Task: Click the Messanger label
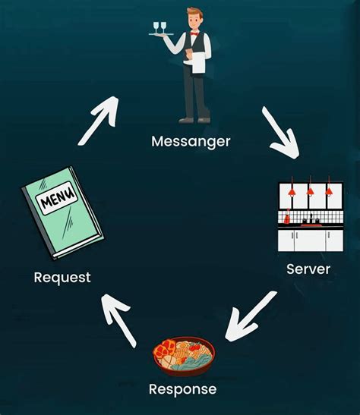tap(191, 141)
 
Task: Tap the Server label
tap(308, 269)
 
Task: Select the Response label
tap(182, 389)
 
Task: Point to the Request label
tap(62, 278)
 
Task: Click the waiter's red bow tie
tap(194, 35)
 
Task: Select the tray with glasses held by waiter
tap(162, 34)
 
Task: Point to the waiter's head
tap(195, 18)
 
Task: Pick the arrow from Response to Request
tap(119, 319)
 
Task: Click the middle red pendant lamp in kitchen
tap(310, 192)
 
